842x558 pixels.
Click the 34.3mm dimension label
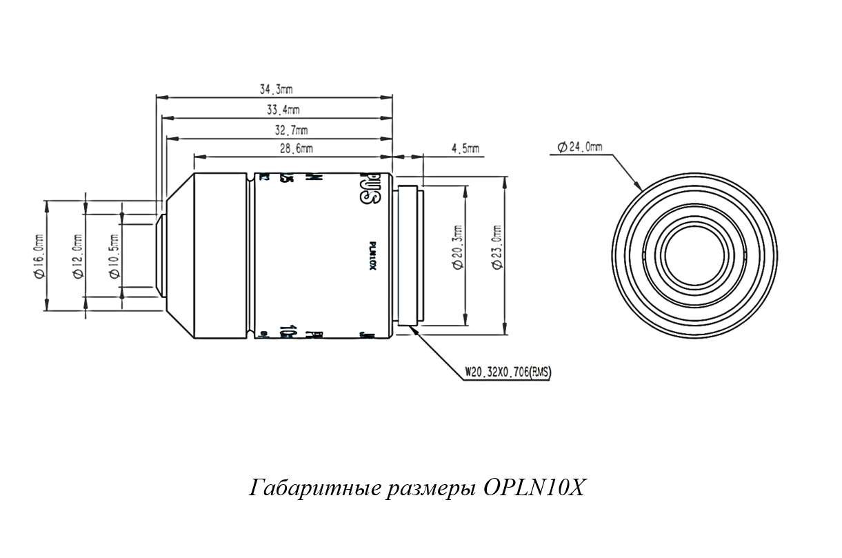tap(276, 89)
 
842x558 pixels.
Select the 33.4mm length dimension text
tap(283, 110)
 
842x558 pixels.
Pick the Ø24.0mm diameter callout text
tap(579, 147)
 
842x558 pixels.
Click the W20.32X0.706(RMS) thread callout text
tap(508, 372)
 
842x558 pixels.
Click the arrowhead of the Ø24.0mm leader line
tap(640, 188)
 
